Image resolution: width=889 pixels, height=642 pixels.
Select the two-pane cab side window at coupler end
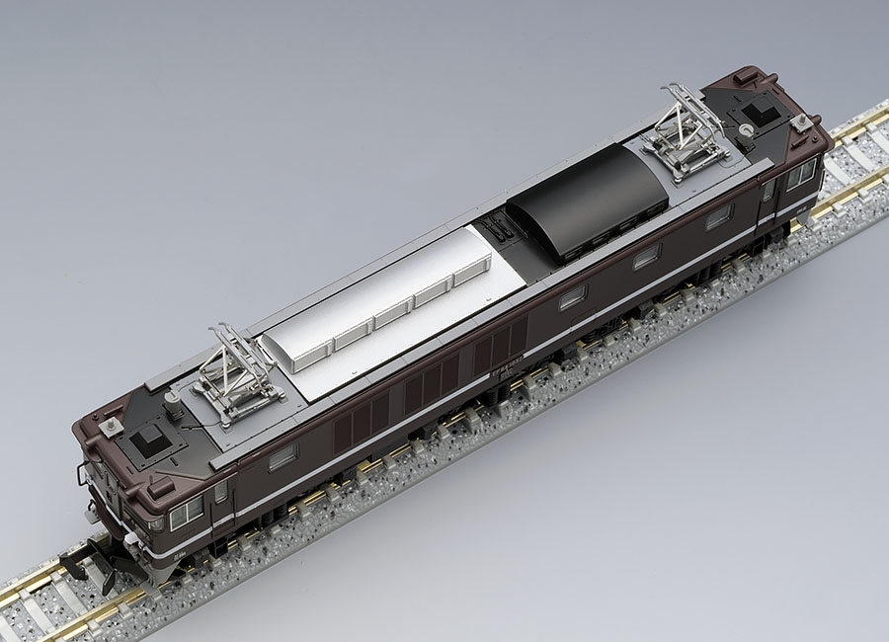click(186, 513)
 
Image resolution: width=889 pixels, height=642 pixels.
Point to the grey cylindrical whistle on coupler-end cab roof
click(174, 401)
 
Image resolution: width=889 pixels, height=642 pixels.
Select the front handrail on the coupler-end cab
click(83, 476)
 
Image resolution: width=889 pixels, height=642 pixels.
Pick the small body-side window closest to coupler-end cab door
click(283, 455)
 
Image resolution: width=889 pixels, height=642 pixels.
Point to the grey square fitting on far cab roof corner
click(800, 122)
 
